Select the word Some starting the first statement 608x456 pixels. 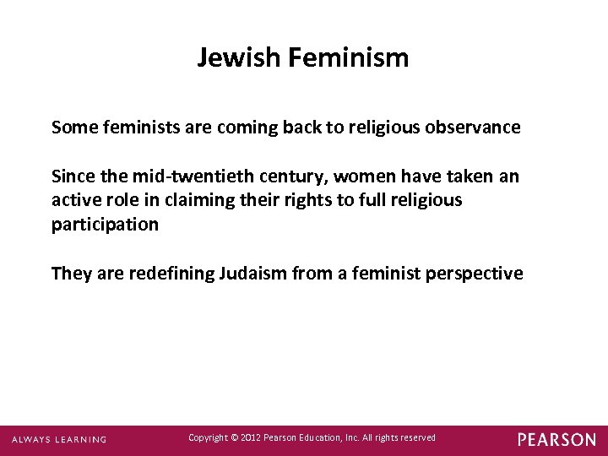pyautogui.click(x=72, y=128)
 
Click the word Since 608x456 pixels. pyautogui.click(x=72, y=176)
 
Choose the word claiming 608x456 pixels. pyautogui.click(x=197, y=200)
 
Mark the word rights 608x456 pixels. pyautogui.click(x=292, y=200)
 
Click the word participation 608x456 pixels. pyautogui.click(x=105, y=225)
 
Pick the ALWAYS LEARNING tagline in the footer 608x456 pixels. pyautogui.click(x=59, y=439)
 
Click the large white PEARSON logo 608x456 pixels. pyautogui.click(x=556, y=439)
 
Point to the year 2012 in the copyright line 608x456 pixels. pyautogui.click(x=250, y=437)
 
